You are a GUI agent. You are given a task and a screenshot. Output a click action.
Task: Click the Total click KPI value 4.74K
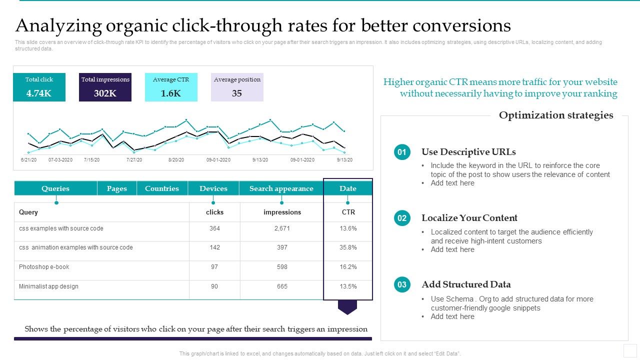click(39, 93)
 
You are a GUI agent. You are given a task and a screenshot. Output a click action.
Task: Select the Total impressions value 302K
click(105, 93)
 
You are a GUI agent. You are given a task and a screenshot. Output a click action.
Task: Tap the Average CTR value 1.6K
click(171, 93)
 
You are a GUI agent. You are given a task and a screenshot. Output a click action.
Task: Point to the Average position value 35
click(237, 93)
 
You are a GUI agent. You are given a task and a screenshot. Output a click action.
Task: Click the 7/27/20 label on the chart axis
click(134, 160)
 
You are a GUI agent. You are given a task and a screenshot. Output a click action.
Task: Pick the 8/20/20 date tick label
click(176, 160)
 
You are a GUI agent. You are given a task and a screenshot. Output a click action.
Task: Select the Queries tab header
click(55, 188)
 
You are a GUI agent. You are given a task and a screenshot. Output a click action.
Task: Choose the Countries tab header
click(162, 188)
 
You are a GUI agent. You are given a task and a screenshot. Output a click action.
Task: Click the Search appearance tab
click(281, 188)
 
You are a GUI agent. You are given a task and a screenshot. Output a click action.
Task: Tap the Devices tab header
click(213, 188)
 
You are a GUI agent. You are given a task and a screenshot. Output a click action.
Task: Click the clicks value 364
click(214, 228)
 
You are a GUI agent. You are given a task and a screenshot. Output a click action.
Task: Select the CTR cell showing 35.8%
click(348, 247)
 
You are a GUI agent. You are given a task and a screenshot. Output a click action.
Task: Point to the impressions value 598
click(282, 267)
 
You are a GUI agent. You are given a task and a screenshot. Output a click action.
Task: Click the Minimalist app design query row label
click(48, 286)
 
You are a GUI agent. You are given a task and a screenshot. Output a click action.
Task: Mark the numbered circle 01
click(402, 152)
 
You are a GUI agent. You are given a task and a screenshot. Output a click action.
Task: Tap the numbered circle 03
click(402, 285)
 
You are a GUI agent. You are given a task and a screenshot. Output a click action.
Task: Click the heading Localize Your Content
click(469, 218)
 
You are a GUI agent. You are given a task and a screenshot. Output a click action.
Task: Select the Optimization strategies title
click(556, 115)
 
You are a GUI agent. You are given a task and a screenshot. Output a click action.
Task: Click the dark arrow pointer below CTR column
click(347, 306)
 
